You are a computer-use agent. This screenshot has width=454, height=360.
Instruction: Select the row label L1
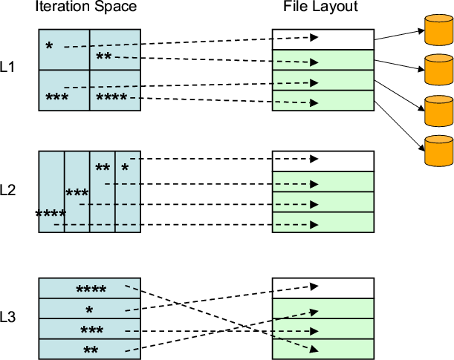9,67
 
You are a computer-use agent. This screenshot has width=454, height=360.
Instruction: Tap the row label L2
9,189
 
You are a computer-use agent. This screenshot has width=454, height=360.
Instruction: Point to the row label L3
9,318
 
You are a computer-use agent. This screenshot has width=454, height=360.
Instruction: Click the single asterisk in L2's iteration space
125,168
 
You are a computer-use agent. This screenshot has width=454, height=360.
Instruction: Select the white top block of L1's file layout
322,39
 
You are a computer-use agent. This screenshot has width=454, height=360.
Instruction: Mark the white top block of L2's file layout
322,161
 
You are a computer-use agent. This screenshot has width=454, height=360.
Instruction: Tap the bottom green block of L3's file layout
322,350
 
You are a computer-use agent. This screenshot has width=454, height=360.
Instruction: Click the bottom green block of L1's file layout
322,101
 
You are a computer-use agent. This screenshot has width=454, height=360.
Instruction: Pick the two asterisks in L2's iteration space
103,168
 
